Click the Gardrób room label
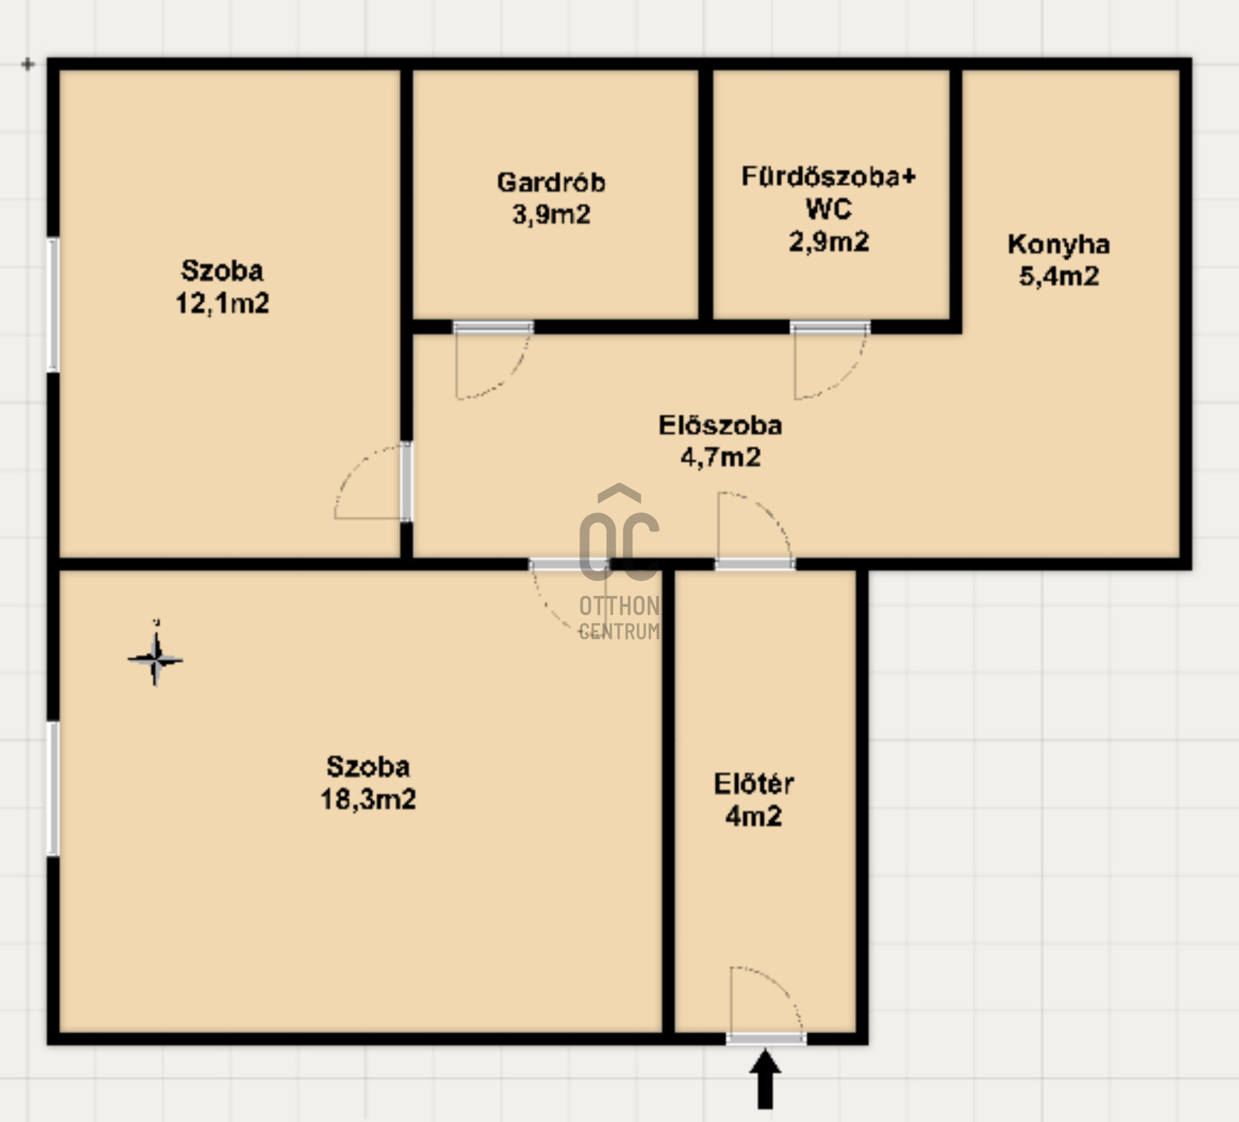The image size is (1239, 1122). point(551,182)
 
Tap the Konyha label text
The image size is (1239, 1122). point(1059,244)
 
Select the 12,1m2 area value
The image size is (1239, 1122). point(222,303)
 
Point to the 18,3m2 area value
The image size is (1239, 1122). point(368,799)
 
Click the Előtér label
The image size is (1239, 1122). point(754,784)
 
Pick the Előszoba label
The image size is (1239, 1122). point(720,425)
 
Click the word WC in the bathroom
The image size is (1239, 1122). point(829,209)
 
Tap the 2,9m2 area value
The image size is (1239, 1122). point(829,241)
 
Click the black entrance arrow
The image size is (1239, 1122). point(765,1079)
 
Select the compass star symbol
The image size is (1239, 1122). point(155,659)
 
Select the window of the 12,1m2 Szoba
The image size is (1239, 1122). point(53,305)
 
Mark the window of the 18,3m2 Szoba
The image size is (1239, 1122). point(53,789)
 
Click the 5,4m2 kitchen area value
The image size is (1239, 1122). point(1059,276)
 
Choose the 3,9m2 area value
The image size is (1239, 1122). point(551,214)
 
